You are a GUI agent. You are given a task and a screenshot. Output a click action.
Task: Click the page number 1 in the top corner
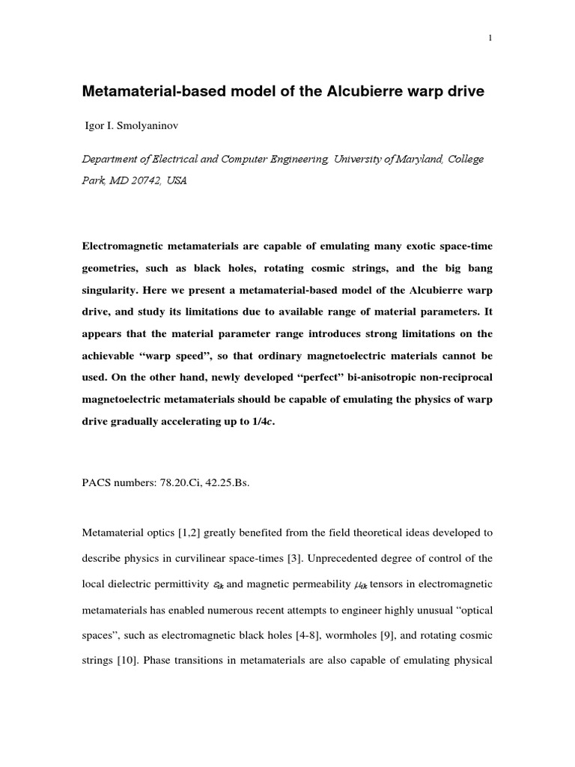coord(489,40)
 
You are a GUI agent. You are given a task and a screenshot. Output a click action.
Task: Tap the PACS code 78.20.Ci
coord(180,483)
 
